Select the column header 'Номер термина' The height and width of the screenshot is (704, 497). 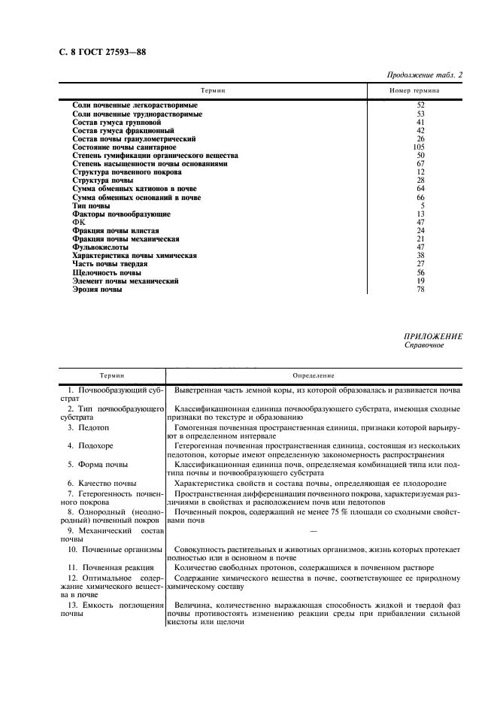[x=414, y=90]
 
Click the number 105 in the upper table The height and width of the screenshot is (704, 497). [x=421, y=147]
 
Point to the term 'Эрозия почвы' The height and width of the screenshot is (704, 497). [x=97, y=289]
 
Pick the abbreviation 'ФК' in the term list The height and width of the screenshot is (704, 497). [x=79, y=223]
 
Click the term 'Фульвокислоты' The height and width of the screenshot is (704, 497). [x=100, y=247]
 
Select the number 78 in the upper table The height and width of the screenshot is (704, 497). [x=421, y=289]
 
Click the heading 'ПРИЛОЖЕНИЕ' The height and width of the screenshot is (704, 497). [x=433, y=336]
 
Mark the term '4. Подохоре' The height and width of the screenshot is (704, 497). [x=92, y=445]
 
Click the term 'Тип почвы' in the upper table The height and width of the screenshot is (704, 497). [x=91, y=206]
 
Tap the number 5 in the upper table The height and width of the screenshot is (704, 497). [x=423, y=206]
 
